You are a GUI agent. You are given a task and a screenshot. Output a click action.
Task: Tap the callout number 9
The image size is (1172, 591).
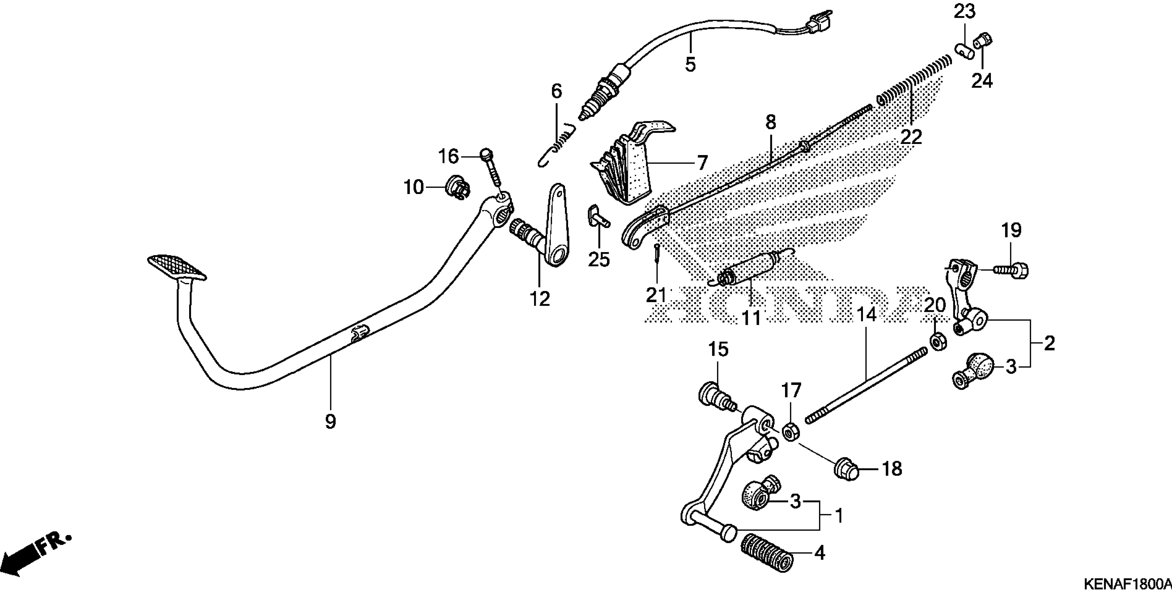coord(331,421)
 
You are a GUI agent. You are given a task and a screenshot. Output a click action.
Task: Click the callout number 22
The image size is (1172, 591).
coord(911,137)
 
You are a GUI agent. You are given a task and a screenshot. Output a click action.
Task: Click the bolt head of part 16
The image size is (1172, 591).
coord(486,154)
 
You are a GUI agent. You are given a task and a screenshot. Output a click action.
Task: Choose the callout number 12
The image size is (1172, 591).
coord(540,299)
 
